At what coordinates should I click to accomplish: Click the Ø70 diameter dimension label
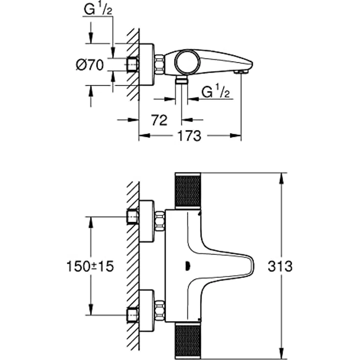click(90, 65)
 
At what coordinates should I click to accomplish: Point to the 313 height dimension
click(280, 266)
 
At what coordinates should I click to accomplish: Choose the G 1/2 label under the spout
click(216, 91)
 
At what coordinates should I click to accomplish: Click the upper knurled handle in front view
click(188, 190)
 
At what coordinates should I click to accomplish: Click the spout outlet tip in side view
click(240, 72)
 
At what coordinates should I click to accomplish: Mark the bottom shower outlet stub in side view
click(181, 80)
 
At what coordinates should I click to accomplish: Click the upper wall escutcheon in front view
click(147, 221)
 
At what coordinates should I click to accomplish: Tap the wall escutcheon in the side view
click(147, 65)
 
